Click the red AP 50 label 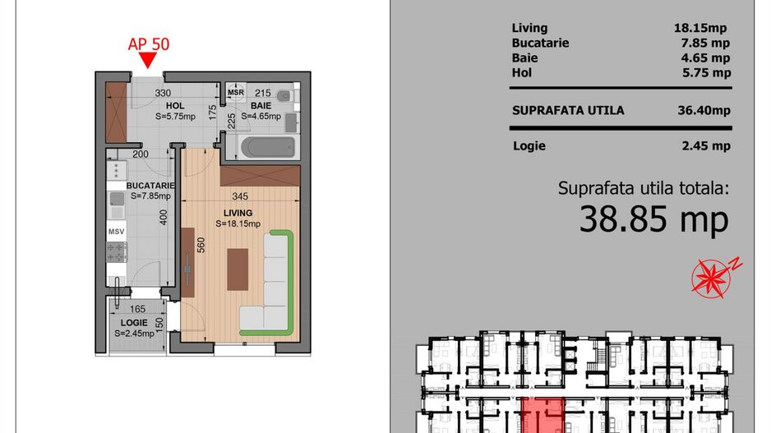tap(149, 44)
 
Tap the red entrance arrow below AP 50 tap(147, 60)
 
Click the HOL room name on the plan tap(175, 106)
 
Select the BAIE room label tap(261, 106)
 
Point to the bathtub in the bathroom tap(268, 147)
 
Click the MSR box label tap(236, 92)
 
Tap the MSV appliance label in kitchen tap(116, 232)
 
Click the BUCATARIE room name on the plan tap(150, 186)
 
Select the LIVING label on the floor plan tap(238, 213)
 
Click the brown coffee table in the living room tap(238, 269)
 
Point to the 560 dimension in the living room tap(201, 245)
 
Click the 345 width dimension tap(240, 196)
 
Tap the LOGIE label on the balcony tap(134, 322)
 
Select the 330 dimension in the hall tap(163, 93)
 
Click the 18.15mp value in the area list tap(700, 28)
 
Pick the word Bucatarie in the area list tap(540, 43)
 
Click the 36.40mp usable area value tap(704, 110)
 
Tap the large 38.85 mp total tap(653, 219)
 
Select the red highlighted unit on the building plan tap(542, 416)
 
